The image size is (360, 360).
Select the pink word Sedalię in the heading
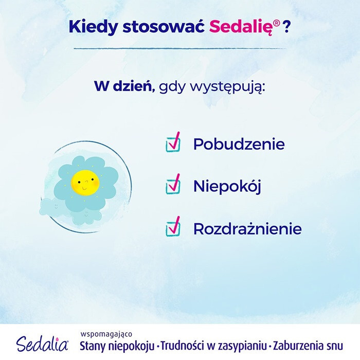click(239, 26)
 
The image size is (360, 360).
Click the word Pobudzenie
click(238, 144)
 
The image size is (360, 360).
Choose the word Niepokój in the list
click(227, 186)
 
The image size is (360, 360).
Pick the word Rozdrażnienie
click(247, 228)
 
